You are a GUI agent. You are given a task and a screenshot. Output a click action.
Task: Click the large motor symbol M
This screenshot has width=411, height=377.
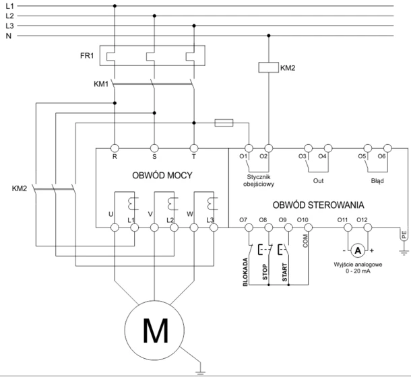click(154, 330)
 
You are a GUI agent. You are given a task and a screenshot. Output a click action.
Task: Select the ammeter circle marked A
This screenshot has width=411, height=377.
click(358, 250)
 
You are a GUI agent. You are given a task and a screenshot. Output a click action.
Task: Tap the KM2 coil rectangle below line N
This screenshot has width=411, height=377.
click(268, 67)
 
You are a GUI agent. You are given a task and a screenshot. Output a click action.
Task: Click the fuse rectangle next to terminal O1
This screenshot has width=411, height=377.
click(224, 123)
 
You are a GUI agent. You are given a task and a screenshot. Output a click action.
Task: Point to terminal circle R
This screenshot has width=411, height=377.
click(115, 148)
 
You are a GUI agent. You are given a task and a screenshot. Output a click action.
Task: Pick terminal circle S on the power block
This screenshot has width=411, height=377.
click(154, 148)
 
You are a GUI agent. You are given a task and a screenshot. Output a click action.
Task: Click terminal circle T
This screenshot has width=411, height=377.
click(194, 148)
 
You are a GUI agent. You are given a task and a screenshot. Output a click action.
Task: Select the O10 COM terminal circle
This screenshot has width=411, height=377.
click(309, 228)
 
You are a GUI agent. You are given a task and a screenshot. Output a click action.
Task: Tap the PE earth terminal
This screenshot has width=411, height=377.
click(404, 234)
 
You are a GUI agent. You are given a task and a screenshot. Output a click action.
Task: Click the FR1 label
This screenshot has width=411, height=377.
click(87, 56)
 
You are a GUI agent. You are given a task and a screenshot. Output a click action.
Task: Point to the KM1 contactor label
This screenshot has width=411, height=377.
click(101, 84)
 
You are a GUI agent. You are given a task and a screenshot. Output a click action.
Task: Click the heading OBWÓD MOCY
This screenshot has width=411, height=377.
click(162, 175)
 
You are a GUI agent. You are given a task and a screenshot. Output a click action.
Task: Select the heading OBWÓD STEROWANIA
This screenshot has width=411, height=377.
click(318, 205)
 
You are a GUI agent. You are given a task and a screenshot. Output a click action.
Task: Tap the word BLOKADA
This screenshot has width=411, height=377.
click(245, 272)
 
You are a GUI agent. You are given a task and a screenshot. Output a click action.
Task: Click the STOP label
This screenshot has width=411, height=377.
click(265, 272)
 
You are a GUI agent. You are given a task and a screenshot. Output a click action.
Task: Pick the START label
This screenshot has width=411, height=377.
click(284, 273)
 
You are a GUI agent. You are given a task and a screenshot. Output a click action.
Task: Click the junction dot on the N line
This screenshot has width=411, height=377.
click(268, 36)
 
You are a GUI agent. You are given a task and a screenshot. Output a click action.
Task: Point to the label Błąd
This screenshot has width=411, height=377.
click(377, 181)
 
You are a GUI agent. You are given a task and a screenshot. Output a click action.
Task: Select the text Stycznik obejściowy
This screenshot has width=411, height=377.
click(259, 181)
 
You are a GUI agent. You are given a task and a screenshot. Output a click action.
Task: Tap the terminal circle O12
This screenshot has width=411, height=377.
click(367, 228)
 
